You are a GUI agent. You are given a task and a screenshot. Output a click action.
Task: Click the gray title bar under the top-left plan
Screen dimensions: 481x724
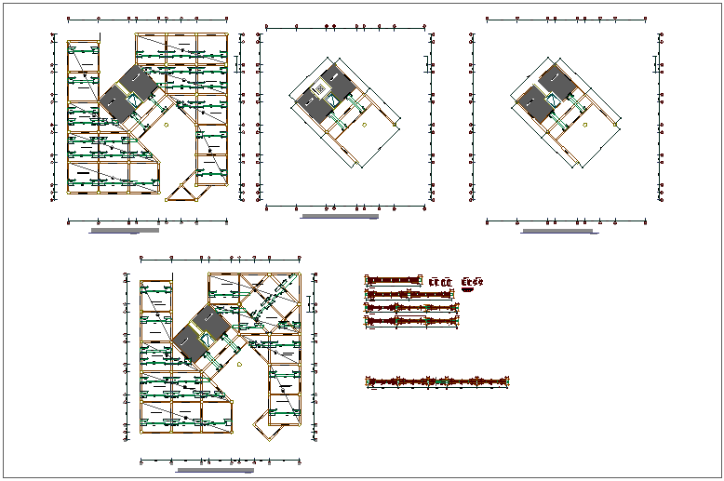point(124,229)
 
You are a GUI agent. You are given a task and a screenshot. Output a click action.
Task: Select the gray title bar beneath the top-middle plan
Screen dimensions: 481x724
point(340,217)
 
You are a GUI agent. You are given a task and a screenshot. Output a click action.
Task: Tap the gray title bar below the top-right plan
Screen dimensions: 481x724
point(558,231)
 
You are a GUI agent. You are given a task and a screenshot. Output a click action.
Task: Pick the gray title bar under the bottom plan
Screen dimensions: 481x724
point(214,471)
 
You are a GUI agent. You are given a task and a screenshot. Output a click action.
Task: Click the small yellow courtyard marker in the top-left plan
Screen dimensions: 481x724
point(167,123)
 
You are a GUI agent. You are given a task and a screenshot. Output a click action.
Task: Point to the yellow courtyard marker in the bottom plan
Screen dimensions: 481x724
point(240,366)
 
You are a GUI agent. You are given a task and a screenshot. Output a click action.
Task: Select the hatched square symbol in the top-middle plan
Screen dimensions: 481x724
point(322,89)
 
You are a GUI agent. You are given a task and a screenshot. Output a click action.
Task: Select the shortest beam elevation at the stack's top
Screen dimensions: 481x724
point(395,280)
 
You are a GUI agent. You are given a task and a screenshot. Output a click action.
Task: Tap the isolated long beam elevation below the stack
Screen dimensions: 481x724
point(438,381)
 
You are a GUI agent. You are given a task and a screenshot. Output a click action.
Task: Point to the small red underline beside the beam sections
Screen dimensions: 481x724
point(467,289)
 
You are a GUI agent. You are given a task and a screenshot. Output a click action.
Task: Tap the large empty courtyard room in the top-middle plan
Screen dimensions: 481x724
point(368,140)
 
